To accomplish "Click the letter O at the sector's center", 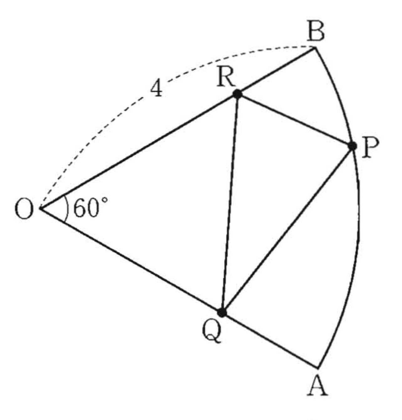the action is (23, 209).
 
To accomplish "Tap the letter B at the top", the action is (316, 32).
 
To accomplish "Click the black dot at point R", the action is (237, 94).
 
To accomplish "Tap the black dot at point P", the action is (352, 146).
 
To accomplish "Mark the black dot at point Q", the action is (222, 312).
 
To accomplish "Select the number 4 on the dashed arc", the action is (156, 90).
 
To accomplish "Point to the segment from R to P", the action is (295, 120).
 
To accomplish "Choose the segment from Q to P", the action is (287, 229).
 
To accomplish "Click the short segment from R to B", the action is (276, 71).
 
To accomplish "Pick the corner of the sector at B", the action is (315, 47).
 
